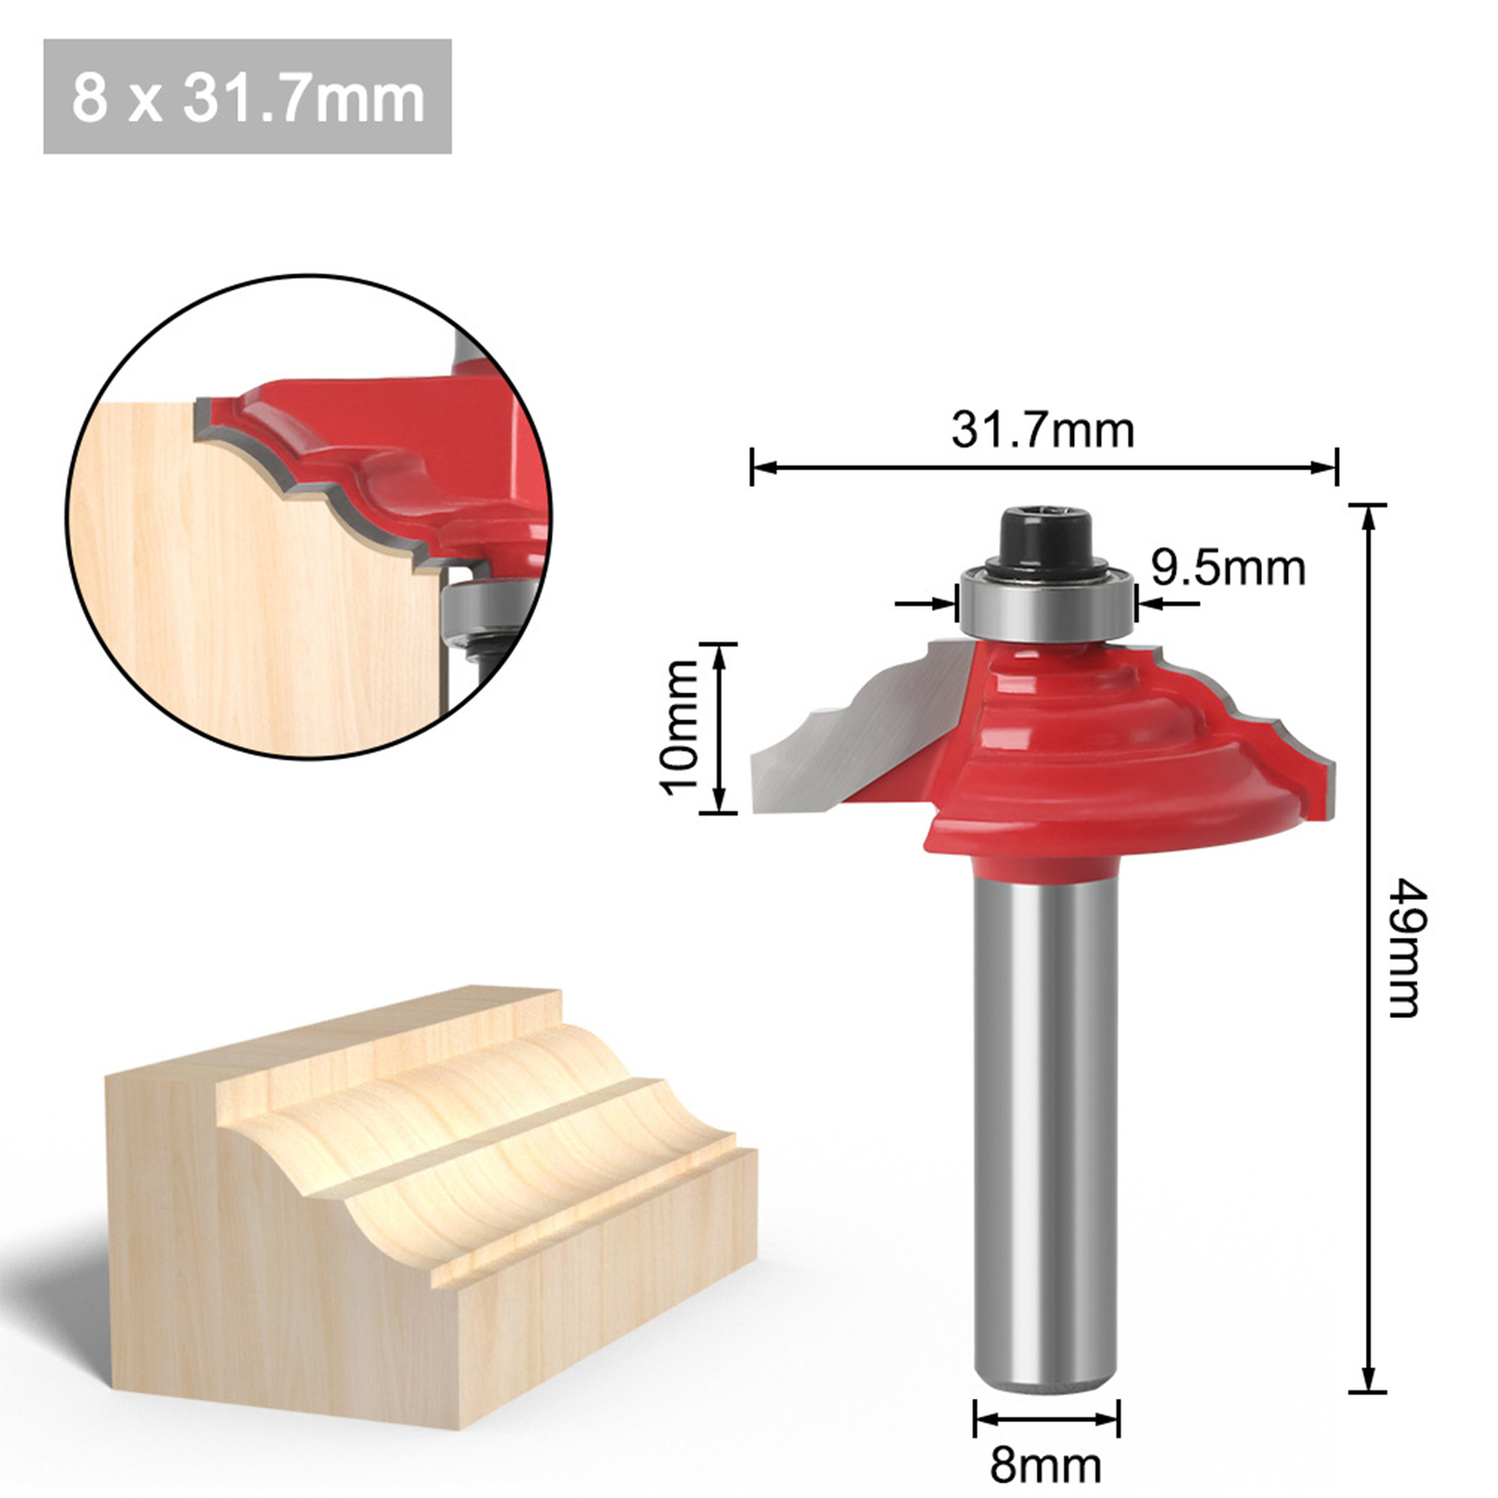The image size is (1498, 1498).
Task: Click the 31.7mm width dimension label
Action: click(1042, 431)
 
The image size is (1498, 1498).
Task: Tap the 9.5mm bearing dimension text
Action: click(1227, 568)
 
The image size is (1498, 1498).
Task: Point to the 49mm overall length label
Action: click(1404, 947)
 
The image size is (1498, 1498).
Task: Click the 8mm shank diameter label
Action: click(1046, 1464)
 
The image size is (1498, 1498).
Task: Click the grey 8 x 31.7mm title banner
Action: click(247, 96)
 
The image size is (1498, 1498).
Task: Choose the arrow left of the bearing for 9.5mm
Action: click(946, 604)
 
